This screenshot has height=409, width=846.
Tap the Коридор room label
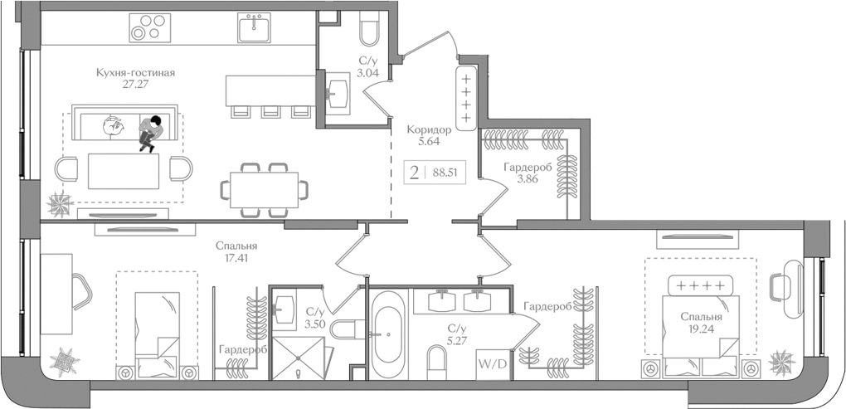(x=429, y=129)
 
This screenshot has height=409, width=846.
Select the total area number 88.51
(x=445, y=172)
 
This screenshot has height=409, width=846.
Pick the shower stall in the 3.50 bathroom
(x=300, y=357)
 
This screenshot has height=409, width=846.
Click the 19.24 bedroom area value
(x=701, y=328)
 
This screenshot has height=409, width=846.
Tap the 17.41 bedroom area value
(x=236, y=258)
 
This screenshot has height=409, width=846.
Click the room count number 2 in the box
(x=413, y=172)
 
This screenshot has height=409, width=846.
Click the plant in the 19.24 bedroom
(x=780, y=362)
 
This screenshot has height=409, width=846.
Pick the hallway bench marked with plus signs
(x=466, y=98)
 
